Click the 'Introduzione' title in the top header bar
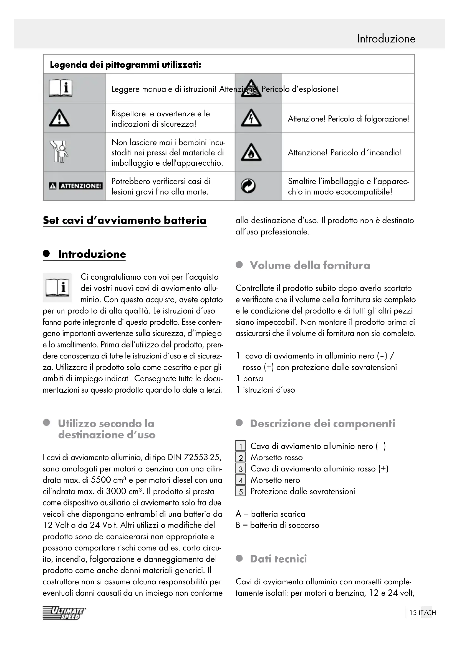(386, 39)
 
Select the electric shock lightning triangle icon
(251, 118)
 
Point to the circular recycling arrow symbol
(248, 186)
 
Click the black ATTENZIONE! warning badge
(75, 186)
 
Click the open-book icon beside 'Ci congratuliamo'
(57, 287)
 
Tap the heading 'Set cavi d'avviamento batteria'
(125, 221)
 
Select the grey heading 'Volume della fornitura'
(310, 266)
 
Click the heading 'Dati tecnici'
(278, 559)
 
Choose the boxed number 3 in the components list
(241, 469)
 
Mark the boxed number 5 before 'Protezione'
(241, 492)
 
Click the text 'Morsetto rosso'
(276, 457)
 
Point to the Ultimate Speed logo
(64, 613)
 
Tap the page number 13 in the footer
(413, 613)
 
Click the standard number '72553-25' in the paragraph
(202, 457)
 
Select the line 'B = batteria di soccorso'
(277, 525)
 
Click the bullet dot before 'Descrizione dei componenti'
(239, 423)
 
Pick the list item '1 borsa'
(249, 378)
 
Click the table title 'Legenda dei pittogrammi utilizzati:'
(125, 65)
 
